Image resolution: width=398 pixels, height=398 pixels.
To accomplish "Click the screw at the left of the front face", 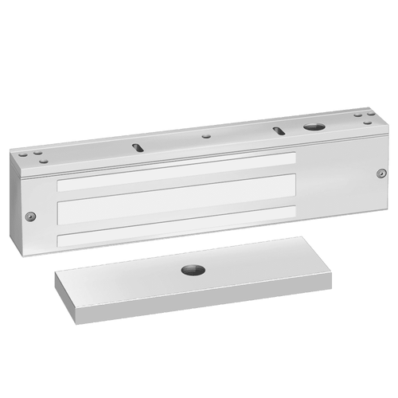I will [29, 215].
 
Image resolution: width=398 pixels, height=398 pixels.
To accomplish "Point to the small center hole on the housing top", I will [207, 136].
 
